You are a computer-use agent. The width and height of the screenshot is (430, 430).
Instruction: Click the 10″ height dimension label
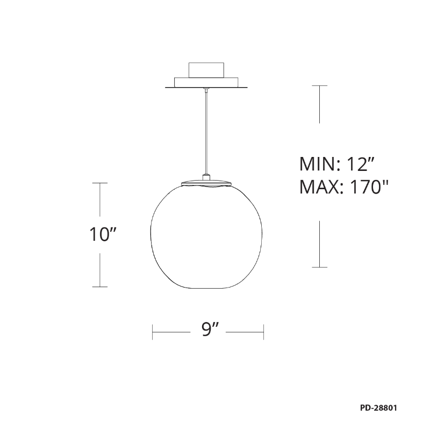click(x=103, y=234)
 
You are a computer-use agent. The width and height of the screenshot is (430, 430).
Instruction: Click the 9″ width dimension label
click(x=210, y=329)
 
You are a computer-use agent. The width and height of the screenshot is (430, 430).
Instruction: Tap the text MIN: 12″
click(x=337, y=164)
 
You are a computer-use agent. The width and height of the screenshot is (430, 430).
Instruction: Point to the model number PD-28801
click(x=378, y=408)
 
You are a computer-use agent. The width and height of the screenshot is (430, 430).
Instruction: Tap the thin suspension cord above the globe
click(x=206, y=132)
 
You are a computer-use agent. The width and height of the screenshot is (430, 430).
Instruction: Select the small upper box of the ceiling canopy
click(x=206, y=70)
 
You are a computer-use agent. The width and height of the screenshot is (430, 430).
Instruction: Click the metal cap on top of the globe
click(x=206, y=183)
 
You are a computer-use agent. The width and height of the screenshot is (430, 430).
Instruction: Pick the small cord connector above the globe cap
click(x=206, y=177)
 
